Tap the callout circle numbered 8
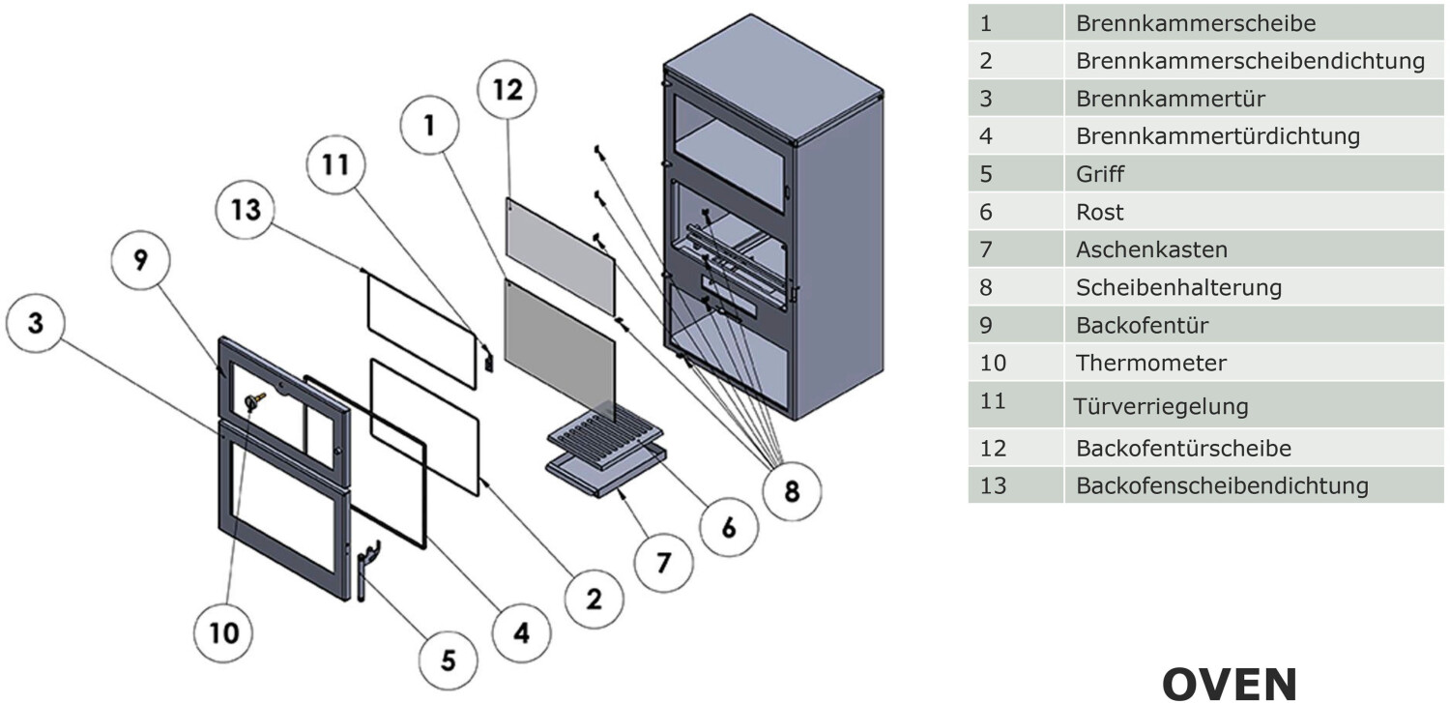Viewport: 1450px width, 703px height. [x=792, y=491]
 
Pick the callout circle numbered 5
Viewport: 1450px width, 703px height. [x=449, y=659]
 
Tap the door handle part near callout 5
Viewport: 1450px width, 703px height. [x=365, y=571]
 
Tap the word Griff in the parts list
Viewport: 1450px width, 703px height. [x=1100, y=174]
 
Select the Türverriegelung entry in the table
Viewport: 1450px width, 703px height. [x=1161, y=406]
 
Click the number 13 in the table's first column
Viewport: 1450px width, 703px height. [x=993, y=484]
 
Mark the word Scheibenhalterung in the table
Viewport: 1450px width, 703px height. [x=1178, y=287]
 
